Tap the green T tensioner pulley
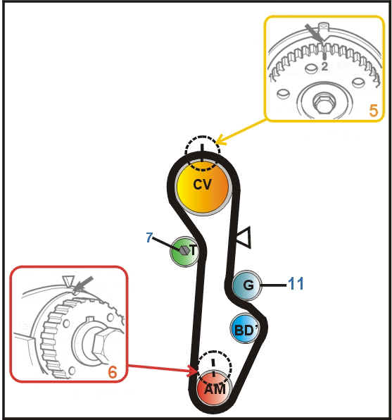pyautogui.click(x=184, y=252)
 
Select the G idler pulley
pyautogui.click(x=246, y=285)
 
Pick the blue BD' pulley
pyautogui.click(x=245, y=328)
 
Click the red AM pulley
pyautogui.click(x=214, y=388)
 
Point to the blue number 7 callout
pyautogui.click(x=149, y=237)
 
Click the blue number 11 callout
pyautogui.click(x=296, y=283)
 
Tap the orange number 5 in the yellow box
pyautogui.click(x=374, y=111)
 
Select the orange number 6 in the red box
pyautogui.click(x=113, y=372)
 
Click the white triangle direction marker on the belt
pyautogui.click(x=244, y=237)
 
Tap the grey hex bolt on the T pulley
pyautogui.click(x=184, y=250)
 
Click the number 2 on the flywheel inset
pyautogui.click(x=324, y=66)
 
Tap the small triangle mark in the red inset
pyautogui.click(x=68, y=281)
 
